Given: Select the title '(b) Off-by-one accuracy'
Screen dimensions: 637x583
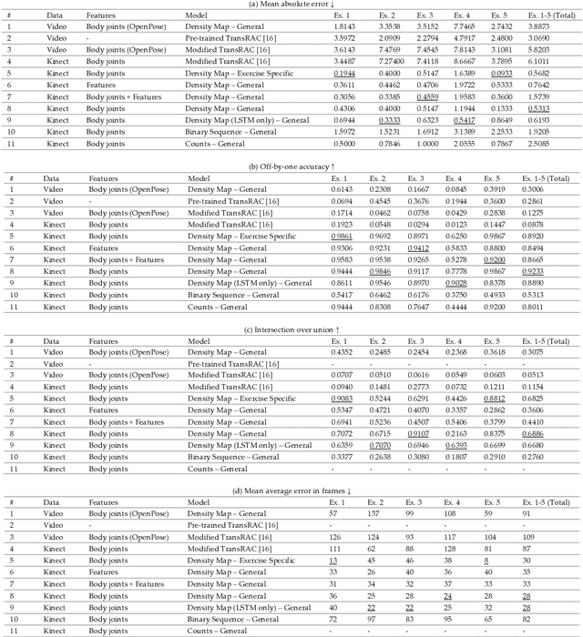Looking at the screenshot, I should [291, 165].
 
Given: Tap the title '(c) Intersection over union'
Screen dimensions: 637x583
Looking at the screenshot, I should [291, 325].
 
